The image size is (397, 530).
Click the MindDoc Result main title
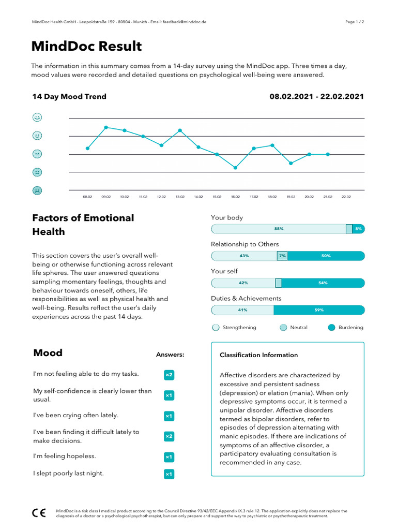86,47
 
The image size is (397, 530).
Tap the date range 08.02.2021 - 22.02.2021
316,96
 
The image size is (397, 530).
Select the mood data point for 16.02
235,168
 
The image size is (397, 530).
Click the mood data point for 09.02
106,127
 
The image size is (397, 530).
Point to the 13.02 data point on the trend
180,130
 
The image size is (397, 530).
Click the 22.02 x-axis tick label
346,197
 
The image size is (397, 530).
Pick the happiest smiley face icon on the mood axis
37,117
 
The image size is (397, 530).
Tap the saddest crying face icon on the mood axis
37,190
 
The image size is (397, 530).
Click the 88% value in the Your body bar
279,229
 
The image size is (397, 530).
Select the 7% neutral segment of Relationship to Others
282,256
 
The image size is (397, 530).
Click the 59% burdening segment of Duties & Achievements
319,310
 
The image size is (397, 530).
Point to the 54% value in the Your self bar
323,283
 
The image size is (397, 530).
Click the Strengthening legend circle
216,328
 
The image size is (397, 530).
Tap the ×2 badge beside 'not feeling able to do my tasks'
169,375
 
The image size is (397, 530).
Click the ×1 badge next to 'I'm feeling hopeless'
169,457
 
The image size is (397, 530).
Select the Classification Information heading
258,355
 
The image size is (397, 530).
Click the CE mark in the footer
39,513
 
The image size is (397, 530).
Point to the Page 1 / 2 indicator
355,22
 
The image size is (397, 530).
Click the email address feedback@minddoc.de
185,22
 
